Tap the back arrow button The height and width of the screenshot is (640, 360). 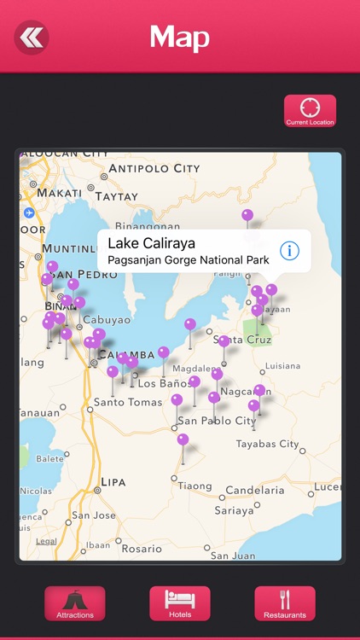coord(32,38)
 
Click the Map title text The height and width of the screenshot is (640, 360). coord(180,38)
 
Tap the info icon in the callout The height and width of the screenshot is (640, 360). coord(290,250)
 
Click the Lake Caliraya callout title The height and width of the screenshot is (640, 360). coord(151,243)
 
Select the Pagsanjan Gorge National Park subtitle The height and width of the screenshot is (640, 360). coord(188,259)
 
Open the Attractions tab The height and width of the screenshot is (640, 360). coord(75,603)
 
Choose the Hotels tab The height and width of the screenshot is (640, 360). coord(180,603)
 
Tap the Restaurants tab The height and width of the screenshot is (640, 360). coord(285,603)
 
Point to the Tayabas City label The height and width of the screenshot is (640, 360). coord(267,444)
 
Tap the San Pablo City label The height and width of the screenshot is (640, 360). coord(217,421)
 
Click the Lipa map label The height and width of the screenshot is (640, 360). coord(113,482)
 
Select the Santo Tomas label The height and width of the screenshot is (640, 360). coord(128,402)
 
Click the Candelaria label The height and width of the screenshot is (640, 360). coord(255,491)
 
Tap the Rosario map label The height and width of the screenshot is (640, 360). coord(142,549)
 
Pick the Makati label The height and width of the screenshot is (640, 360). coord(59,193)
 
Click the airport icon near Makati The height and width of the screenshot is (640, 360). coord(30,212)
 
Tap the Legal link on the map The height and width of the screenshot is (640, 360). coord(46,541)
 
